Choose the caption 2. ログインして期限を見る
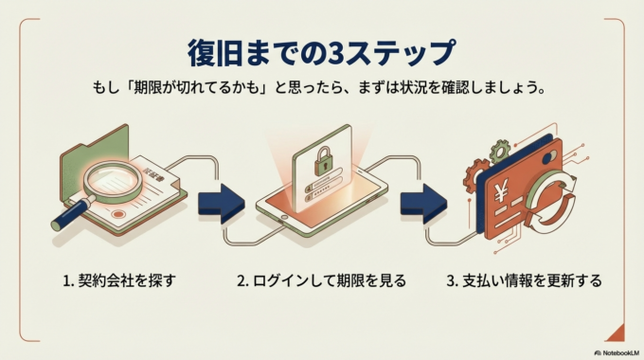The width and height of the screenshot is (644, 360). click(x=321, y=280)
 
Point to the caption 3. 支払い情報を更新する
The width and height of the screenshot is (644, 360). click(x=523, y=280)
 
